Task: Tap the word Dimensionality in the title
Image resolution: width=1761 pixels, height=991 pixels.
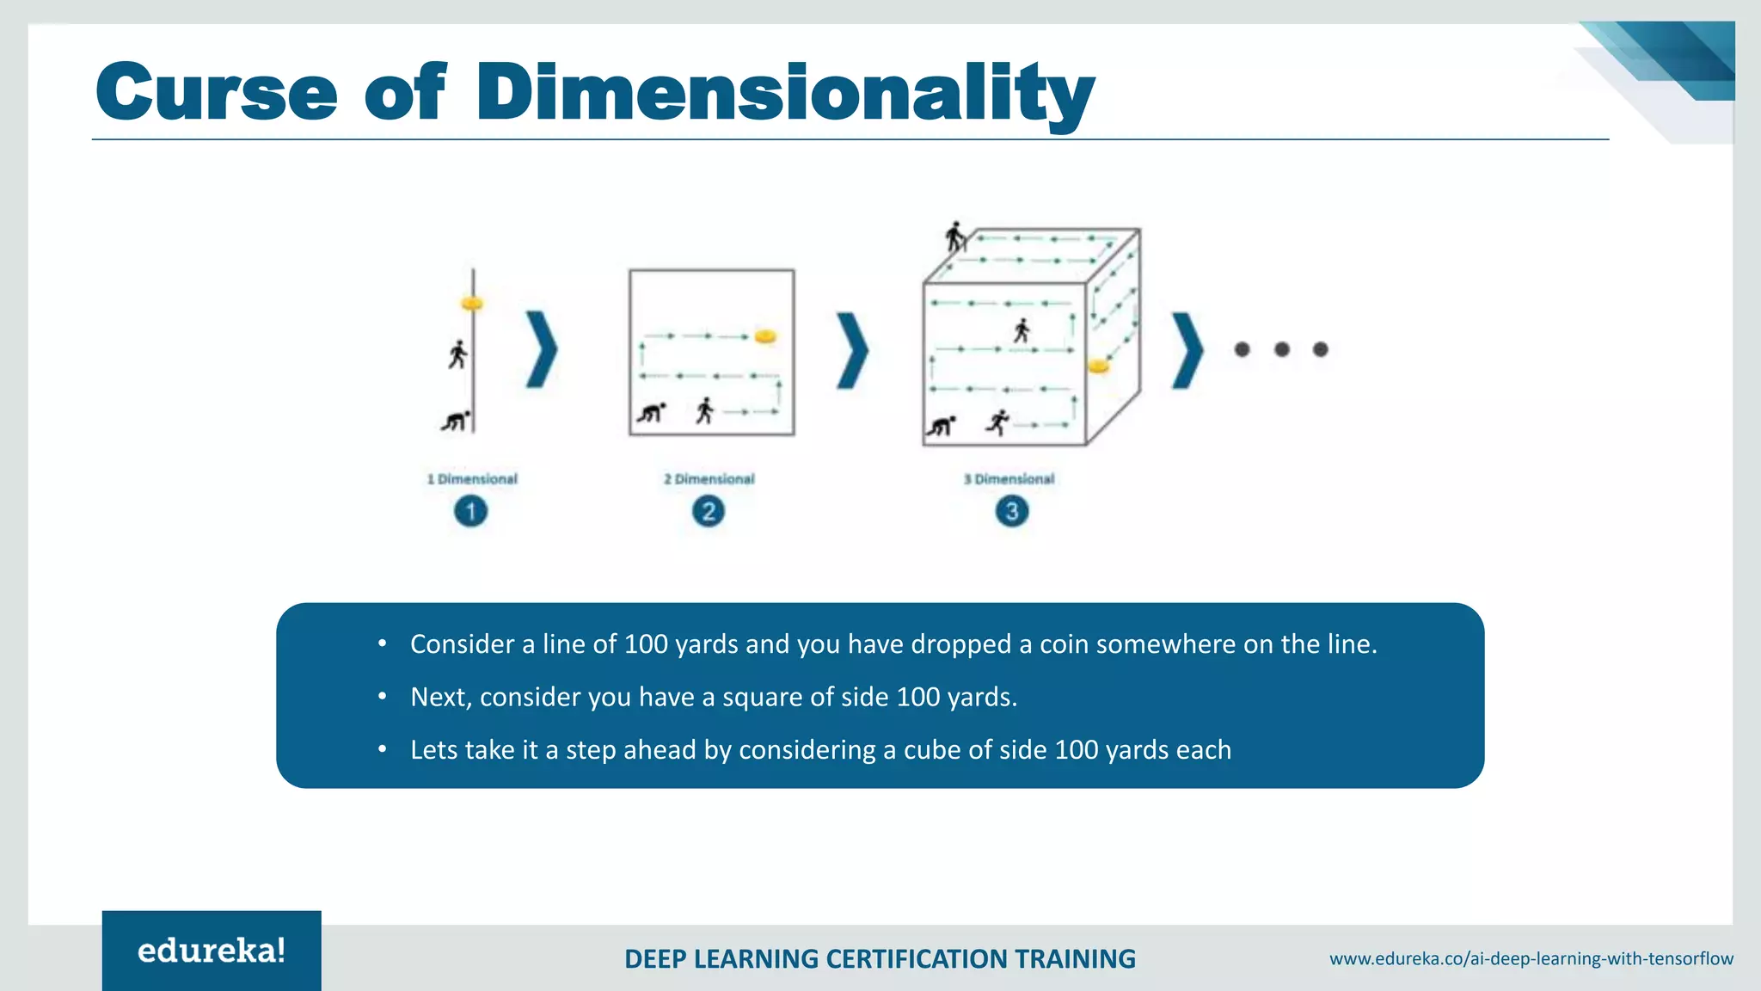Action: pyautogui.click(x=785, y=93)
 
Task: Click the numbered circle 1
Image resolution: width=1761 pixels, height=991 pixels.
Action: pyautogui.click(x=470, y=512)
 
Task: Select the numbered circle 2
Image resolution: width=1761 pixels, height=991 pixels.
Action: pyautogui.click(x=709, y=512)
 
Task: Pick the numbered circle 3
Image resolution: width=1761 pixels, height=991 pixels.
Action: pyautogui.click(x=1012, y=512)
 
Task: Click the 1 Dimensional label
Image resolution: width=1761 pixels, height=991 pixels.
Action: pyautogui.click(x=472, y=479)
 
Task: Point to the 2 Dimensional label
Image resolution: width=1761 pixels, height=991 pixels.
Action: pyautogui.click(x=709, y=479)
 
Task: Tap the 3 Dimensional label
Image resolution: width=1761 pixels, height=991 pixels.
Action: pyautogui.click(x=1009, y=479)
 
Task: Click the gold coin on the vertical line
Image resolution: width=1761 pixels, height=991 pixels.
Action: pyautogui.click(x=472, y=304)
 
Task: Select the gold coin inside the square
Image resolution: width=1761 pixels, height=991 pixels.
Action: pyautogui.click(x=765, y=336)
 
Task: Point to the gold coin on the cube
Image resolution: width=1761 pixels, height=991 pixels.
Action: pyautogui.click(x=1098, y=366)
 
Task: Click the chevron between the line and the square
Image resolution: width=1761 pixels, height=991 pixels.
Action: pyautogui.click(x=542, y=349)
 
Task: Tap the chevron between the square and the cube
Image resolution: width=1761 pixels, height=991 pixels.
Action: pyautogui.click(x=853, y=349)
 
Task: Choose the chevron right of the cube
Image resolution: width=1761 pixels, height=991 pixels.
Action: pyautogui.click(x=1187, y=349)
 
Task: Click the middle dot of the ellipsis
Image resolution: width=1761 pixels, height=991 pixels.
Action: pyautogui.click(x=1281, y=349)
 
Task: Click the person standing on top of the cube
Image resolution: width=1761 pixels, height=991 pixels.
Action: pyautogui.click(x=954, y=237)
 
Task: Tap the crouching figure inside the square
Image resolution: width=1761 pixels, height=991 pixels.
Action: pyautogui.click(x=651, y=413)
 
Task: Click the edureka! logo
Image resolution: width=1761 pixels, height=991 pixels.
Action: pyautogui.click(x=212, y=951)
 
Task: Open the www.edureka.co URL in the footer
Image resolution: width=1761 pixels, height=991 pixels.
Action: pyautogui.click(x=1531, y=958)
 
